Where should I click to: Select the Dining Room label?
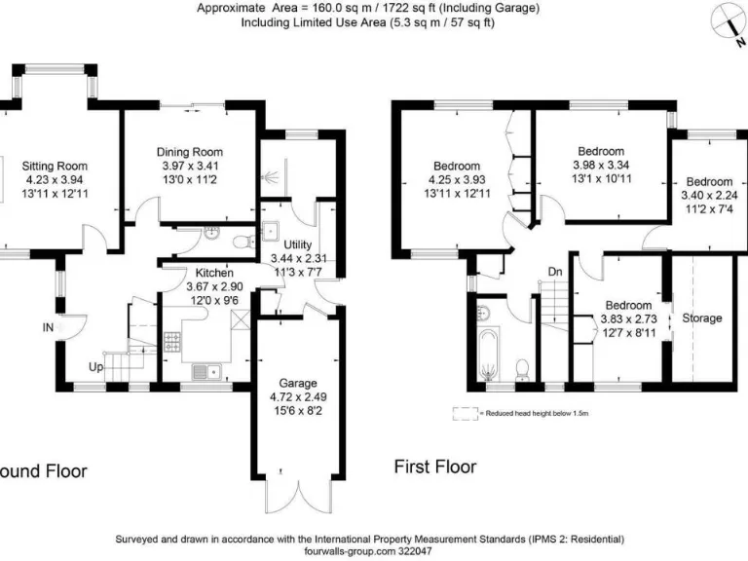point(190,152)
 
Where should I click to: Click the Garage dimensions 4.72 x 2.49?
point(298,397)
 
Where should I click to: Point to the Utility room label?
point(297,244)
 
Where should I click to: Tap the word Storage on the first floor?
point(701,318)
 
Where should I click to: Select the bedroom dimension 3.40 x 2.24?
point(708,195)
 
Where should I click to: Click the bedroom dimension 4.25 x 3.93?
point(456,179)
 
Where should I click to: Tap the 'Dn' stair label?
point(554,272)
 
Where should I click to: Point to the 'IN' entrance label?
point(48,328)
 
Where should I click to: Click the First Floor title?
point(434,467)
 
